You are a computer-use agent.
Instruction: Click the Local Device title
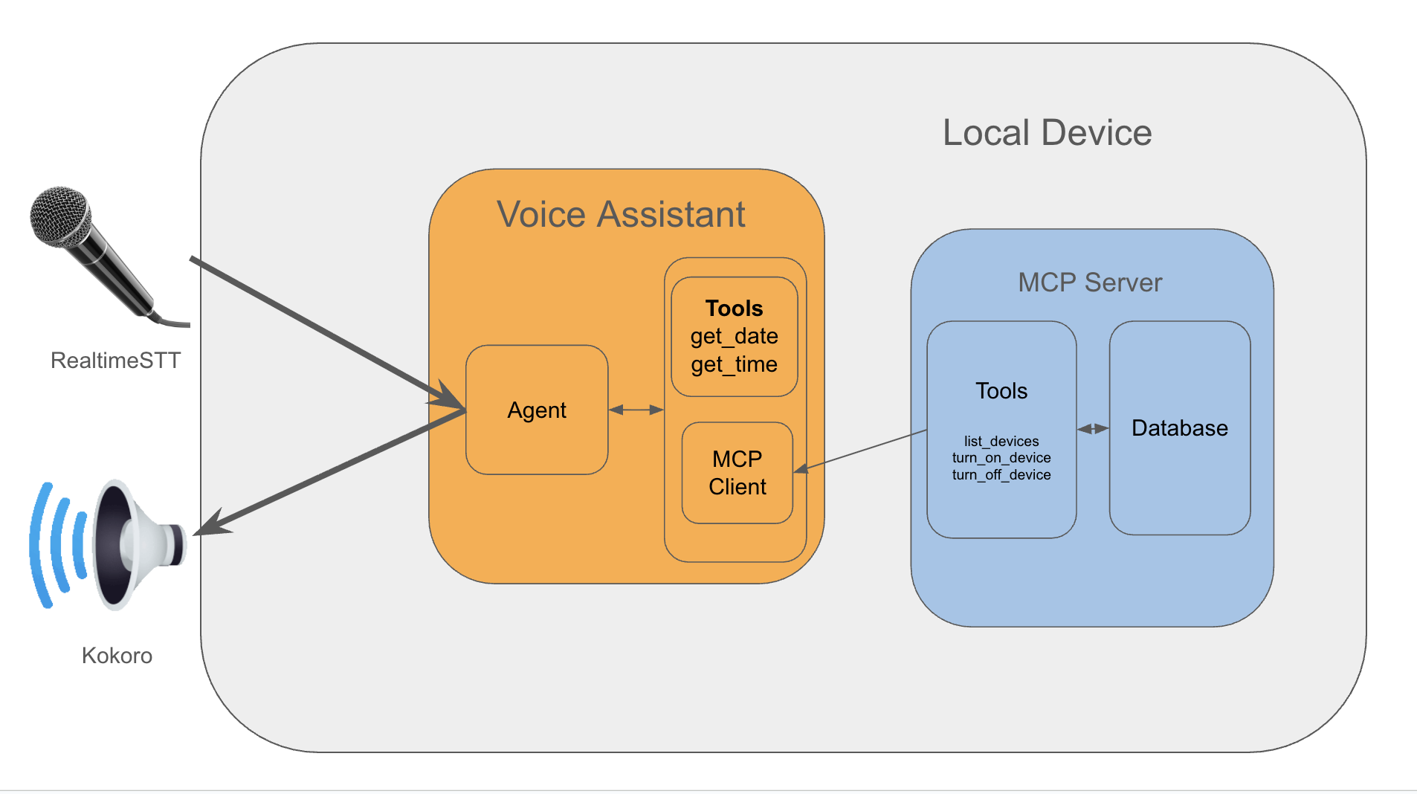(1047, 133)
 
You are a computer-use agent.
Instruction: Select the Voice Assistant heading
(621, 214)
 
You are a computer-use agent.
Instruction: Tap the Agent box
(537, 410)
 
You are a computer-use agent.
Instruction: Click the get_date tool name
(734, 336)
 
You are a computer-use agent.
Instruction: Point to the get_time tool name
(734, 364)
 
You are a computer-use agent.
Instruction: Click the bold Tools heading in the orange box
(734, 308)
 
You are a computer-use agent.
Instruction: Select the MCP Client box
(737, 473)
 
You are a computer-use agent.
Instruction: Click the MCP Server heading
(1089, 283)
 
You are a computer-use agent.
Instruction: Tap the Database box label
(1179, 428)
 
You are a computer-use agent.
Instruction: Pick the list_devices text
(1001, 441)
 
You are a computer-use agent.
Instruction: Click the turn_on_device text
(1001, 458)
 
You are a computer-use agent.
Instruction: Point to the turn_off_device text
(1001, 475)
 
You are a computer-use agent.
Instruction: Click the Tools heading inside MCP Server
(1001, 391)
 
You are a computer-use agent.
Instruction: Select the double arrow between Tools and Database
(1093, 429)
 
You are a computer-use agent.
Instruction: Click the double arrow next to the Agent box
(636, 410)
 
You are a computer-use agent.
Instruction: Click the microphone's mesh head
(59, 216)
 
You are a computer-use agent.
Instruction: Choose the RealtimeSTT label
(115, 361)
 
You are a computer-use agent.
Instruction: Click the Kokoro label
(117, 656)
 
